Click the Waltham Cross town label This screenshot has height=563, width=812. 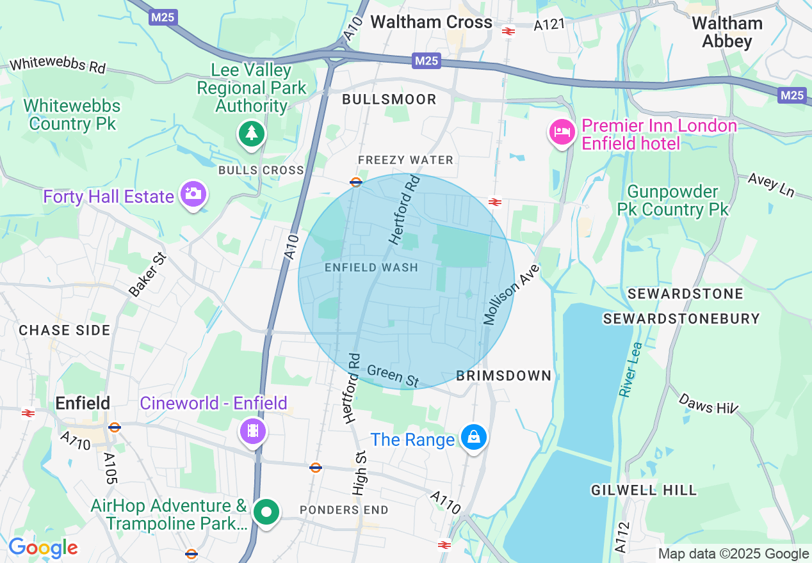431,22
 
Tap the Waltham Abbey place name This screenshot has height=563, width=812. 727,33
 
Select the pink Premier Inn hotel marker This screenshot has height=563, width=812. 561,132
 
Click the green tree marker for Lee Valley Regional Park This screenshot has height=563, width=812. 252,134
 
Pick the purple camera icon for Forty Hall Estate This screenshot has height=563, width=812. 192,193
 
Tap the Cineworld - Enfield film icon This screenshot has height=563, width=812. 253,430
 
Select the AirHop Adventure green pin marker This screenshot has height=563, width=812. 266,512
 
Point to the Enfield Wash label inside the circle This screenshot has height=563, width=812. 371,267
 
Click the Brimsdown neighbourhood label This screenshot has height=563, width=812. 503,376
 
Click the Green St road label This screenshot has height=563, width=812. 393,376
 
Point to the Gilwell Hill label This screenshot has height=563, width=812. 644,491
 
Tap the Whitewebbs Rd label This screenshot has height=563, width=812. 58,65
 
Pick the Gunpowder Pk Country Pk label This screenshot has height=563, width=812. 673,200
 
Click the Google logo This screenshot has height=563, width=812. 43,548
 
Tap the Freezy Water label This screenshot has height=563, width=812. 405,160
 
